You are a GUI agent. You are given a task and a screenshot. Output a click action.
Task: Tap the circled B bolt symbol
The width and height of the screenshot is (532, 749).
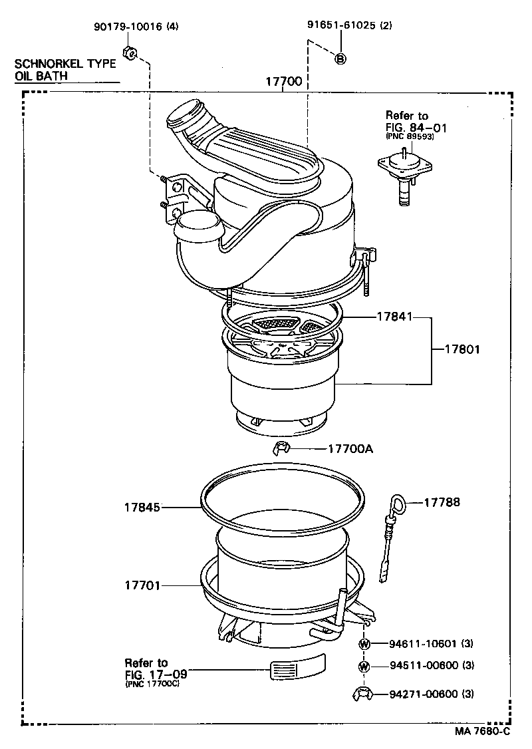(x=340, y=59)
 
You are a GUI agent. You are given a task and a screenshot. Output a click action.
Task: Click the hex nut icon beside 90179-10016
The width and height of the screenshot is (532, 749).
(x=130, y=53)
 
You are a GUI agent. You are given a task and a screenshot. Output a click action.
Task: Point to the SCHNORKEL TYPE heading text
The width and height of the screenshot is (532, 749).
(x=66, y=65)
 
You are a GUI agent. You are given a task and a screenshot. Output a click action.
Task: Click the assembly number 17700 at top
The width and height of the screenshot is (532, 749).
(x=284, y=82)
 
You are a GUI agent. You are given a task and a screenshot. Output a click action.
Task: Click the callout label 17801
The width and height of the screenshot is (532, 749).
(x=458, y=349)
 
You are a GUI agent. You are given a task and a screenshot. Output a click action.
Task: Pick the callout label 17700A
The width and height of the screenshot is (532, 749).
(x=350, y=448)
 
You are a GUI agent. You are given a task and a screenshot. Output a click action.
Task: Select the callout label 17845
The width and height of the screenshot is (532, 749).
(x=142, y=507)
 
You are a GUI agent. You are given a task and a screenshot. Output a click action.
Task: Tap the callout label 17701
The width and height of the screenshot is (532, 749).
(x=142, y=585)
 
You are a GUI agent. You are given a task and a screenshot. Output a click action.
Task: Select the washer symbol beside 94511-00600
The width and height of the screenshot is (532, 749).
(x=364, y=666)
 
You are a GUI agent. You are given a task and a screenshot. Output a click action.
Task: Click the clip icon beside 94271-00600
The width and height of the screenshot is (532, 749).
(x=362, y=694)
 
